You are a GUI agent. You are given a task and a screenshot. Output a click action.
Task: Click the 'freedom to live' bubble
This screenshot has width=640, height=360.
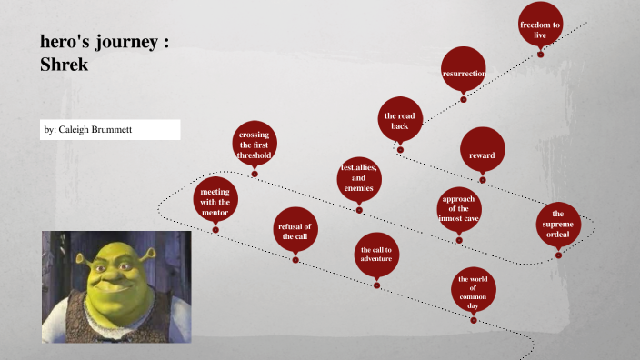click(540, 27)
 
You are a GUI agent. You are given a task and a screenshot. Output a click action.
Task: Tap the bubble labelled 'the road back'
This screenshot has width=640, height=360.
click(400, 120)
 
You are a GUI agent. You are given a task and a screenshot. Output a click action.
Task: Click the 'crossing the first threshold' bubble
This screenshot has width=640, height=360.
click(255, 145)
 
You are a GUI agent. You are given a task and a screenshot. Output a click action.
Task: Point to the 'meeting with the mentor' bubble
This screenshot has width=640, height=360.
click(215, 201)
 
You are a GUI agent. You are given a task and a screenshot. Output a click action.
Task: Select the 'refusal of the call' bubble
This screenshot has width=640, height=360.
click(295, 231)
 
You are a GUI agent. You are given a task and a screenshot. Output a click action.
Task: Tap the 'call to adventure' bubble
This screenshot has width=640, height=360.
click(376, 254)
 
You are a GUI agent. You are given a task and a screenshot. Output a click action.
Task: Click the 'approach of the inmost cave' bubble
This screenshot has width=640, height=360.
click(458, 209)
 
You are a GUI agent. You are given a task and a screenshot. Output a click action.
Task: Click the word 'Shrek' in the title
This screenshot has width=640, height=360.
click(64, 65)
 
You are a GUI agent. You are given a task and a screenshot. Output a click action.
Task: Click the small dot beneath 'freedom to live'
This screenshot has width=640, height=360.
click(540, 55)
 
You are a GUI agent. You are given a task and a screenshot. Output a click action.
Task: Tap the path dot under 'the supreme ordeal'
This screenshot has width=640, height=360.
click(558, 255)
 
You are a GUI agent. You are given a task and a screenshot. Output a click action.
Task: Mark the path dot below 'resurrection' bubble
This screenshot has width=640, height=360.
click(464, 100)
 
